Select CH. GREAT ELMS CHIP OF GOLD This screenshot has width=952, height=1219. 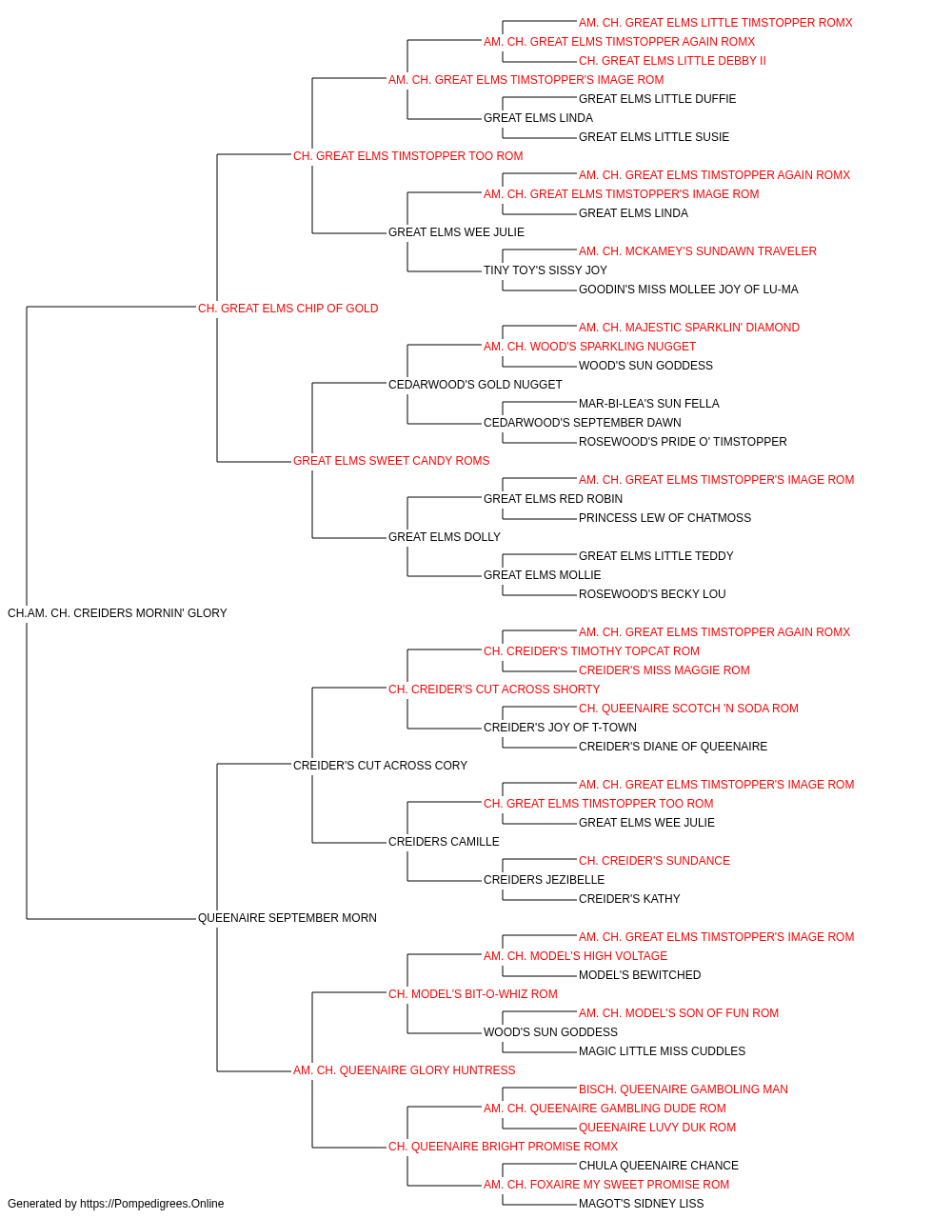click(x=288, y=308)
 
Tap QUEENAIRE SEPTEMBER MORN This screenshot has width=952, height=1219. click(x=288, y=918)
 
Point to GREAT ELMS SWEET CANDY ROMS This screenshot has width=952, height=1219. click(x=391, y=461)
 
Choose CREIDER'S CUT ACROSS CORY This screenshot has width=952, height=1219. click(x=380, y=765)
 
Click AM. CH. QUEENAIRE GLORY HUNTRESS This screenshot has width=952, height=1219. click(x=405, y=1069)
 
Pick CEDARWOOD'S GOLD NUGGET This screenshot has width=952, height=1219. click(x=475, y=384)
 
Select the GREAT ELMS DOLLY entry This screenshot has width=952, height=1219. click(x=445, y=537)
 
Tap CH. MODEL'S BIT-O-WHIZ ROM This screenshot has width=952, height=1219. click(x=473, y=993)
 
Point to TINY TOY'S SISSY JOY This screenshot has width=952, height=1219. click(x=545, y=270)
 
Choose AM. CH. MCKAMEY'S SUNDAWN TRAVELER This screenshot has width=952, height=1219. click(x=698, y=250)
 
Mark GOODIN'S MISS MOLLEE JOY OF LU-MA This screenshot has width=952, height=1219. click(x=688, y=289)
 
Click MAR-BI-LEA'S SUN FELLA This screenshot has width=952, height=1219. click(x=648, y=404)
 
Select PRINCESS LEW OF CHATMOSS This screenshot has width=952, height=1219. click(x=664, y=518)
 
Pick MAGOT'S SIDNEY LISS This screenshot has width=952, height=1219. click(x=642, y=1204)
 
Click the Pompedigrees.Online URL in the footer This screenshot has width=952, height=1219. click(x=152, y=1204)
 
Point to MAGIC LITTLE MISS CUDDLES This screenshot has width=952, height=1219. click(x=663, y=1050)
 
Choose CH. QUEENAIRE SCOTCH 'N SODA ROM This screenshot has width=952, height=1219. click(x=688, y=708)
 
